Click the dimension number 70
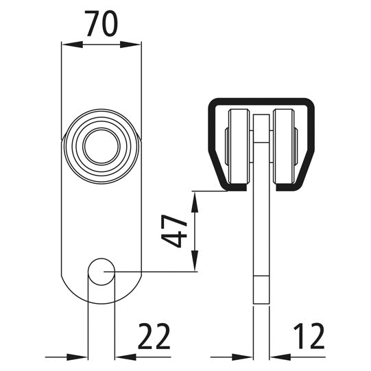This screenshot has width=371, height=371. [101, 24]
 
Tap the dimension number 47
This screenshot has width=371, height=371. [174, 231]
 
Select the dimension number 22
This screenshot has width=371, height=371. [154, 337]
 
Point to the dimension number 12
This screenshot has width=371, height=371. [309, 337]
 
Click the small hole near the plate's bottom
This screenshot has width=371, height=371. [101, 272]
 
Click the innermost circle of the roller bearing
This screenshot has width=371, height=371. [101, 147]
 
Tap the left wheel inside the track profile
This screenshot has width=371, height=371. [239, 147]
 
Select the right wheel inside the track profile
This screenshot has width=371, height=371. [283, 147]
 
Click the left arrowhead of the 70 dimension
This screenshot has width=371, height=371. [72, 45]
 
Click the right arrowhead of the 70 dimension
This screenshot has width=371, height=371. [130, 45]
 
